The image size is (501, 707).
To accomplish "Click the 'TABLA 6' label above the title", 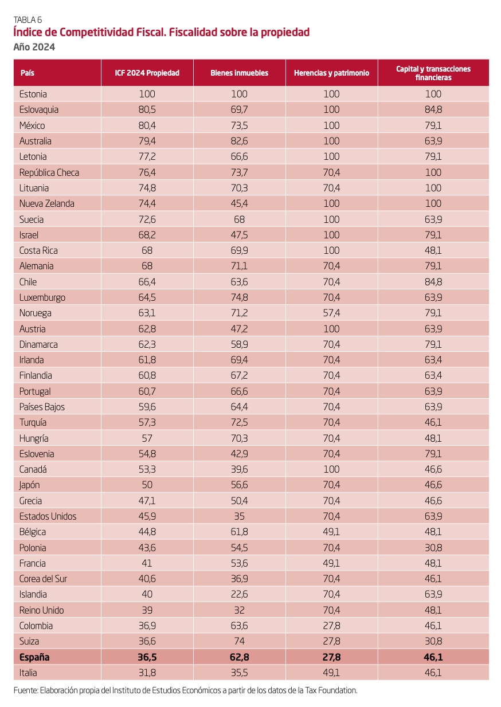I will point(27,20).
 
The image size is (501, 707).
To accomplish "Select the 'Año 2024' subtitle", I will point(34,47).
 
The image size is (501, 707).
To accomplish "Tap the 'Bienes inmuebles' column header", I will point(239,73).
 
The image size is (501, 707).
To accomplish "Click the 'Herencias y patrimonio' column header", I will point(331,73).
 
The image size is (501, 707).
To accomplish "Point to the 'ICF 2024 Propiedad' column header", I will point(147,73).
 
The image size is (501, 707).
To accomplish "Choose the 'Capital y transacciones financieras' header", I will point(433,73).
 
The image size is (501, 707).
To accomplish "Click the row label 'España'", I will point(34,657).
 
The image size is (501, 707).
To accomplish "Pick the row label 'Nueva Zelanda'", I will point(46,203).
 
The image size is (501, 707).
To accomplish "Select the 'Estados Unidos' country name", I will point(48,516).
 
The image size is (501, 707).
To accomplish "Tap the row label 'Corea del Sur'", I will point(43,579).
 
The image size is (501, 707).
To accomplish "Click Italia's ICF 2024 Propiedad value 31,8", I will point(147,673).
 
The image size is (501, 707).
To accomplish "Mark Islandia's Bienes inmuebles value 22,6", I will point(239,594).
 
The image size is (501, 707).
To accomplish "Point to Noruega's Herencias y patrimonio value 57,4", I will point(331,313).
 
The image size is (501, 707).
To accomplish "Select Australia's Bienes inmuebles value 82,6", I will point(239,141).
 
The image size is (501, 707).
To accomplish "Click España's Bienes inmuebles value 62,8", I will point(239,657).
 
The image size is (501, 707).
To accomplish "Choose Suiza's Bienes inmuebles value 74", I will point(239,641).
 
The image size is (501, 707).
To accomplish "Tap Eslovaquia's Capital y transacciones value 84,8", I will point(433,109).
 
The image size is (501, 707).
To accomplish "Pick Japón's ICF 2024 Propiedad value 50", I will point(147,485).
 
